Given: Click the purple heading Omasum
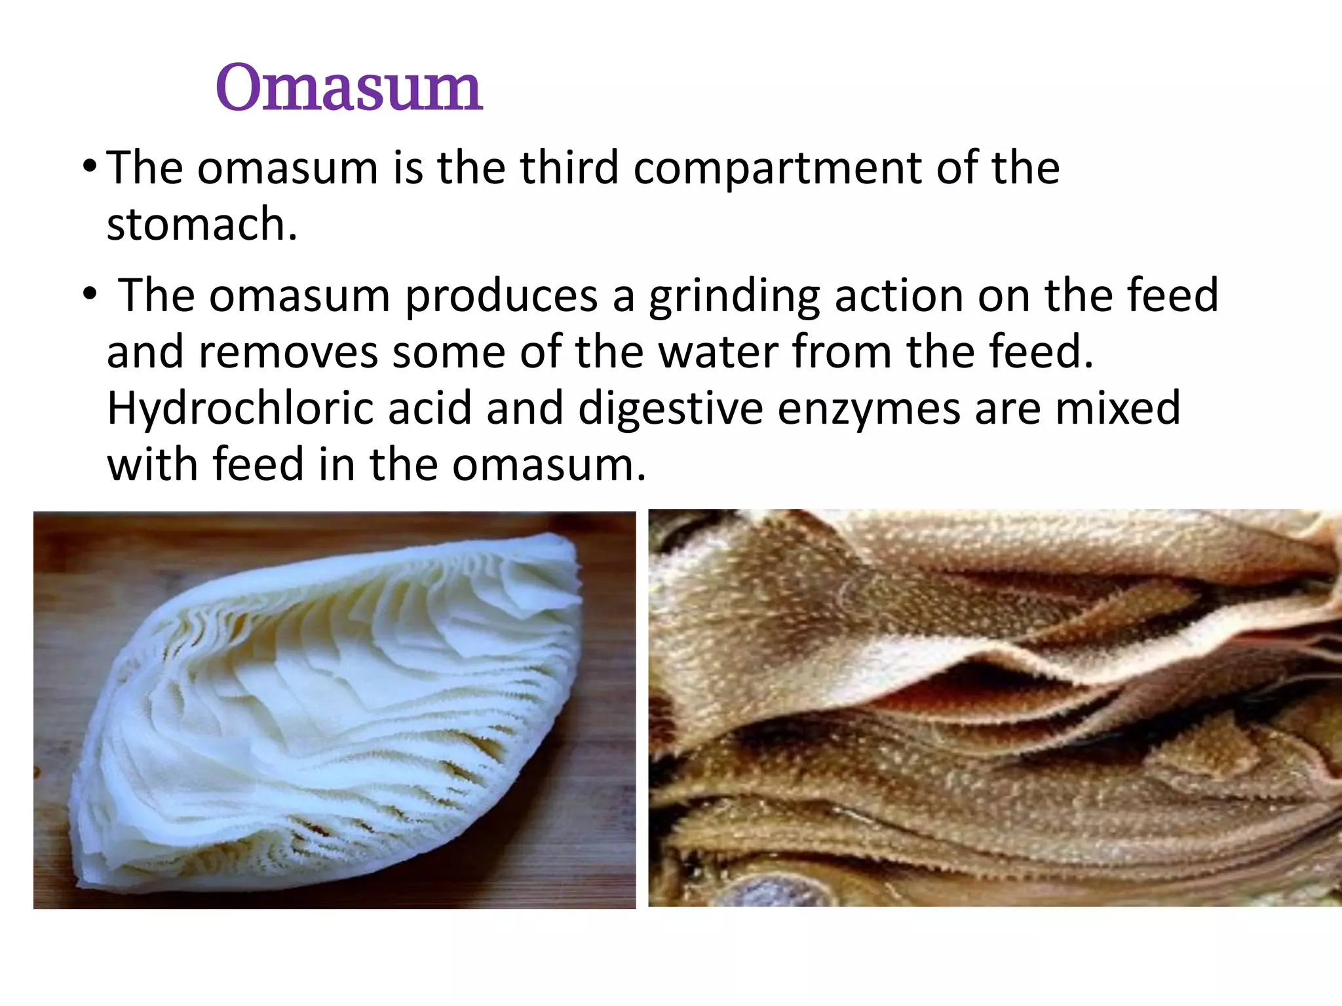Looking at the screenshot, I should (349, 88).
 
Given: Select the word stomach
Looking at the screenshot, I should (202, 224).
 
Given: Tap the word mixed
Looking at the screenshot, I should (1117, 407).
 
